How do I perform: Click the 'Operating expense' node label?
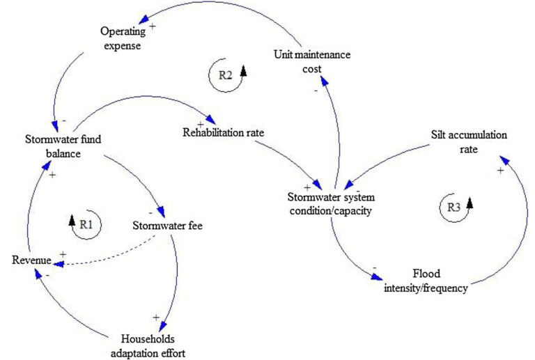click(x=121, y=39)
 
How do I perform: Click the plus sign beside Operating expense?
click(x=153, y=25)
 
